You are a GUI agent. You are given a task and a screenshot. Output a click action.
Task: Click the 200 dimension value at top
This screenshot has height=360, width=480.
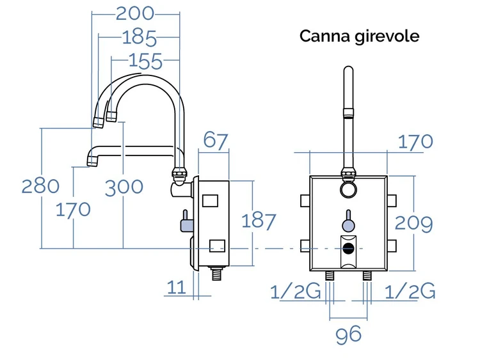[x=135, y=14]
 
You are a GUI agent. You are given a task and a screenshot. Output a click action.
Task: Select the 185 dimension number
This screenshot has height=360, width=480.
[x=140, y=38]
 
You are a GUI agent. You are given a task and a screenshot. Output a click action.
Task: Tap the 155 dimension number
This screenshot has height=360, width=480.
[x=145, y=61]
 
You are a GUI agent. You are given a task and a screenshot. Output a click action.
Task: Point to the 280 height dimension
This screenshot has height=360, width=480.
[x=40, y=186]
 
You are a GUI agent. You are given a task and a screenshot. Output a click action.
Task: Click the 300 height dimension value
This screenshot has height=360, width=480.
[x=124, y=187]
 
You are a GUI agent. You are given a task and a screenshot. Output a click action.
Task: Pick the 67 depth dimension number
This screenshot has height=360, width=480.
[x=216, y=141]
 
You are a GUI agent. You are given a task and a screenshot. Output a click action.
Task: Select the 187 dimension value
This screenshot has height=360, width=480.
[x=259, y=221]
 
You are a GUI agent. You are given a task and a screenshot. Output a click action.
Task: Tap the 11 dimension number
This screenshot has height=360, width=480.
[x=177, y=287]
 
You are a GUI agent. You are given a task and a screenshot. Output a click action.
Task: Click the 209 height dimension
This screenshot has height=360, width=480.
[x=413, y=223]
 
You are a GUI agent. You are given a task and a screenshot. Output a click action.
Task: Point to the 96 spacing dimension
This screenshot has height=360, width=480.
[x=348, y=334]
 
